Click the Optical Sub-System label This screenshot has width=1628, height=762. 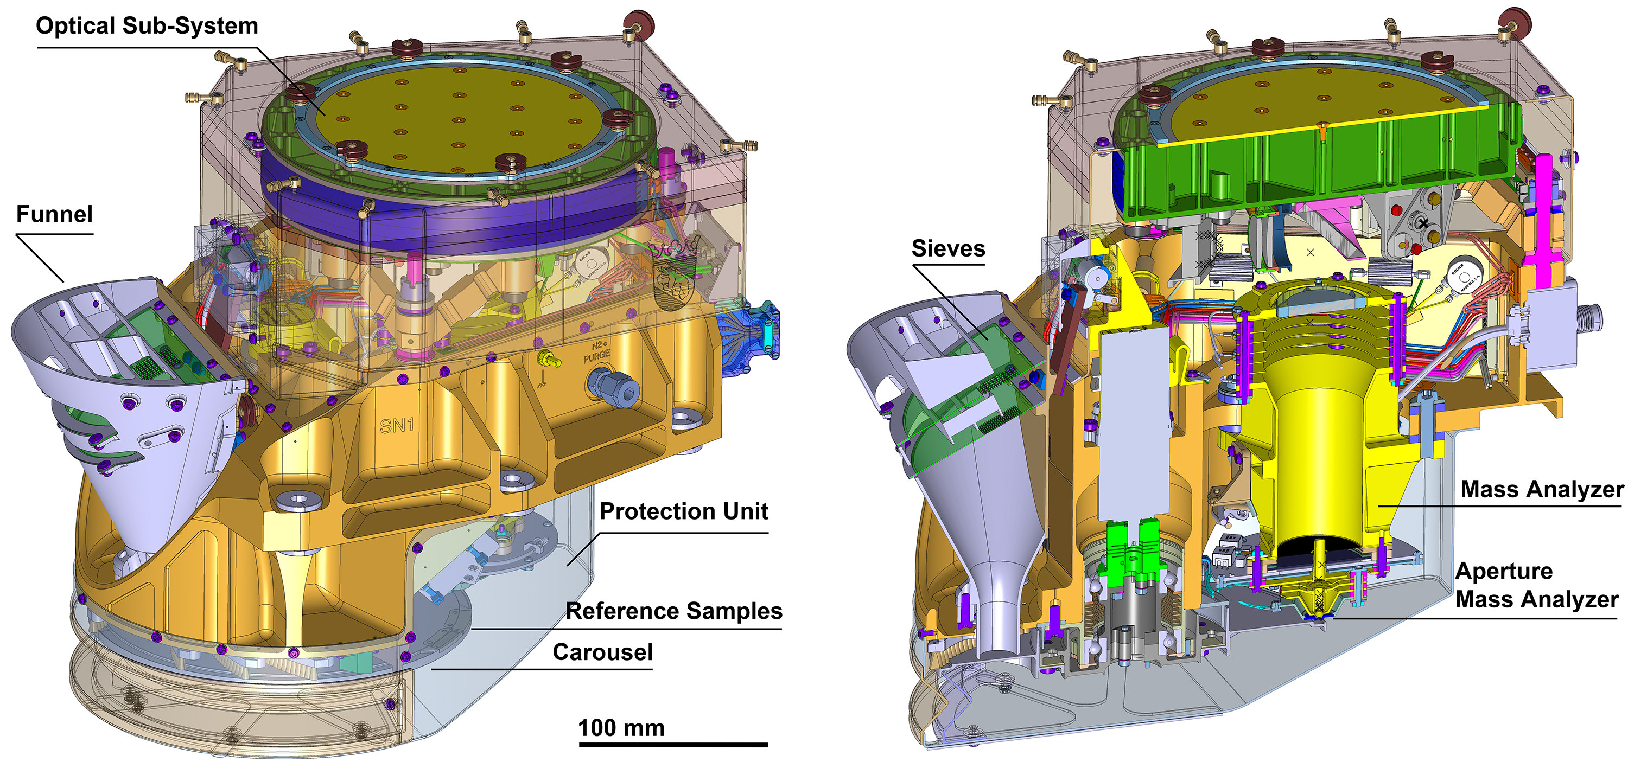pos(147,26)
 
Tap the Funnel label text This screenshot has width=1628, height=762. pos(54,214)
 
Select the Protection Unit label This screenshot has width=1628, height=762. pos(683,511)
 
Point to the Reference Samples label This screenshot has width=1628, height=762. pos(673,611)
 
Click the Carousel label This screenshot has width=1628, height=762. pos(602,652)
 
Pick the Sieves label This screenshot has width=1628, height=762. pos(948,248)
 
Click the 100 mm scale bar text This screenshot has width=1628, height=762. pos(621,728)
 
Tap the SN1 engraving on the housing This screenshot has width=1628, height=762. pos(397,425)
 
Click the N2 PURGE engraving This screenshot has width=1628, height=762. pos(596,352)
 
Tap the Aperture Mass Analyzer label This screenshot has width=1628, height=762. pos(1536,585)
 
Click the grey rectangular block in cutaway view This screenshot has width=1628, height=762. pos(1135,424)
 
